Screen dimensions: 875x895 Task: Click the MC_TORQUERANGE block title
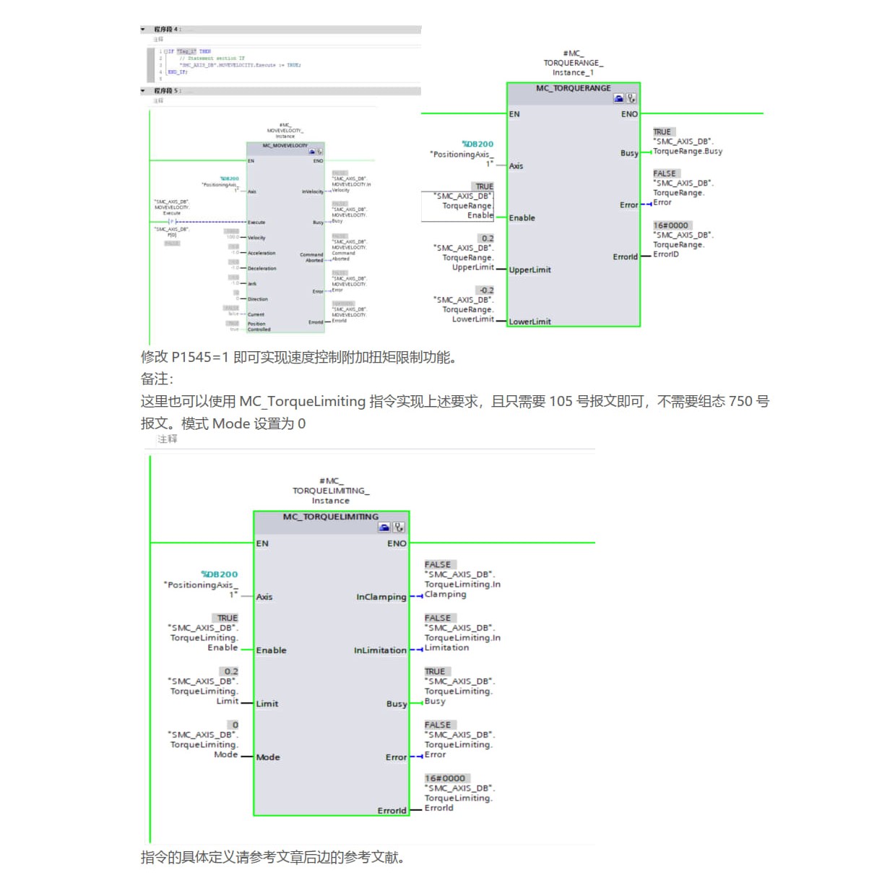pos(573,88)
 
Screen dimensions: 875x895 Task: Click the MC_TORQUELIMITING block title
pos(330,517)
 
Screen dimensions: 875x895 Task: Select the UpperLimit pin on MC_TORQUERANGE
pos(529,270)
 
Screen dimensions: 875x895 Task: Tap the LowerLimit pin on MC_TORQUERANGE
pos(529,322)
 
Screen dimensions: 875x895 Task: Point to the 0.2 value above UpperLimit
pos(488,238)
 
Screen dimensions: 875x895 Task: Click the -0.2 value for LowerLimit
pos(486,290)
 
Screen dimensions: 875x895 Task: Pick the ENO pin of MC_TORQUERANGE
pos(629,114)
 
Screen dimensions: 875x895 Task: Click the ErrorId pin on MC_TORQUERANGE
pos(625,257)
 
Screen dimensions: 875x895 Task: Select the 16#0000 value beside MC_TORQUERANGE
pos(670,225)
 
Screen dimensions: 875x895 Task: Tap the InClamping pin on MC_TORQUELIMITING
pos(381,597)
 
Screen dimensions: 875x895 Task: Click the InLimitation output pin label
pos(380,650)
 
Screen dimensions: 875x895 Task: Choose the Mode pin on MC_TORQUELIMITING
pos(268,757)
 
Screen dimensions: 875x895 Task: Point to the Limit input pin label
pos(267,704)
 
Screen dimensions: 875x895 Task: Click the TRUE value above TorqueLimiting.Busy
pos(435,671)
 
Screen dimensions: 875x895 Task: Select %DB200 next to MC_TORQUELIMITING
pos(220,574)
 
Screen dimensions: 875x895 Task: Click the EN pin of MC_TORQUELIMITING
pos(262,543)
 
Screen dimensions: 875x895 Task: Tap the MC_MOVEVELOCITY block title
pos(285,146)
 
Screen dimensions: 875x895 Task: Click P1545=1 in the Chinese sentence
pos(201,357)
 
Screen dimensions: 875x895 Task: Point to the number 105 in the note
pos(561,402)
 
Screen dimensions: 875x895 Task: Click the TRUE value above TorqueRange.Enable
pos(484,186)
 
